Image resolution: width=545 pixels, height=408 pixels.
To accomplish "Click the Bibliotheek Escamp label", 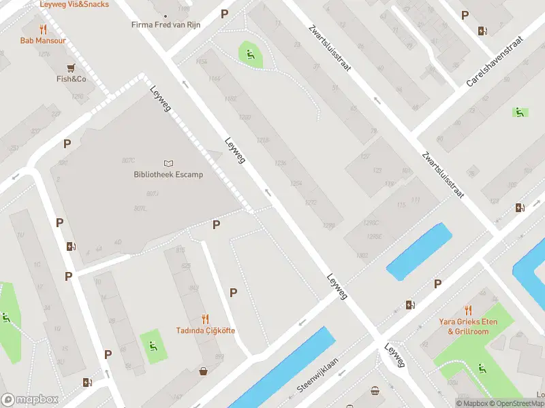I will [168, 175].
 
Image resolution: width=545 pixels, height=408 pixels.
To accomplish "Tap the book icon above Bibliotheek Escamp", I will [168, 163].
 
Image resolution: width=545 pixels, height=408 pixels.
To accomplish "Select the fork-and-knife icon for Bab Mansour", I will [44, 29].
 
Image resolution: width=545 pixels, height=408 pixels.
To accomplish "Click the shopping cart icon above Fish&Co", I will [71, 67].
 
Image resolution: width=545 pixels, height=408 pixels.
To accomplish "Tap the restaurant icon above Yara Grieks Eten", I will [468, 310].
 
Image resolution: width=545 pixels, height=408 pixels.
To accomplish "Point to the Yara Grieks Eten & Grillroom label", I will [468, 326].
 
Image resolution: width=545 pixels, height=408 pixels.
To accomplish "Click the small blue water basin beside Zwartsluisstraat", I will [419, 252].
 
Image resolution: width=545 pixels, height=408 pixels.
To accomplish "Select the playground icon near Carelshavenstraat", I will [520, 112].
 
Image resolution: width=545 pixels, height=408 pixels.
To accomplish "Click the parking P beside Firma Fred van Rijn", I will [225, 14].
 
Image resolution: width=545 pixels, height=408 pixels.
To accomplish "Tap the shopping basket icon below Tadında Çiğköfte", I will [203, 371].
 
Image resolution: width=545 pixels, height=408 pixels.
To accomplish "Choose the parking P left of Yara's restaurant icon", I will [437, 284].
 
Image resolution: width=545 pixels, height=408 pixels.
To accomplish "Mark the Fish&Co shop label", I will [71, 79].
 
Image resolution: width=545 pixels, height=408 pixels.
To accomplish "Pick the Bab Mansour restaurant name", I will [44, 41].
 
